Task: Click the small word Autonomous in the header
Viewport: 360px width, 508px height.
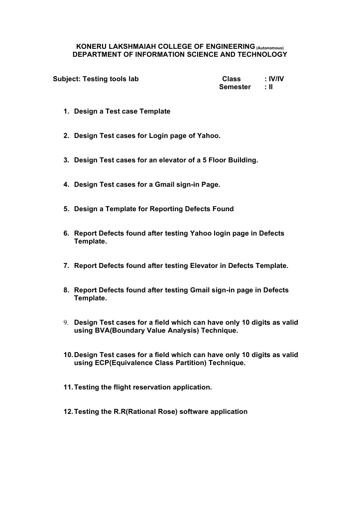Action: click(270, 48)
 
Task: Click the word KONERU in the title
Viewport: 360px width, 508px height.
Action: click(91, 46)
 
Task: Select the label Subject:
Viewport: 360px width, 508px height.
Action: click(67, 79)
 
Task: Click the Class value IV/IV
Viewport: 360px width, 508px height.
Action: click(276, 79)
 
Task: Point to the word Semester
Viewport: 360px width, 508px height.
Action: click(235, 87)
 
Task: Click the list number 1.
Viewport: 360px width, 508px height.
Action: click(66, 112)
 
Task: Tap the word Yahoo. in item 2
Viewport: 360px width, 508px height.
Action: click(209, 135)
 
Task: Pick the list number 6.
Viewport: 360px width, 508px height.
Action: click(66, 234)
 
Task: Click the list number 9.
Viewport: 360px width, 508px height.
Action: click(66, 323)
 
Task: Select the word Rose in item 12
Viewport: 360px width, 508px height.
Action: click(166, 411)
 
